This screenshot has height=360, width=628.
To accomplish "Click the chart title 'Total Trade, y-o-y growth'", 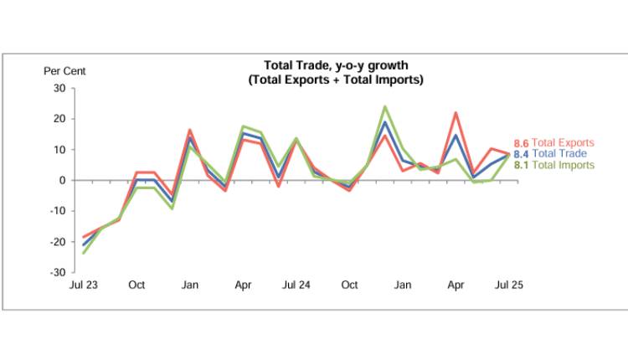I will [336, 65].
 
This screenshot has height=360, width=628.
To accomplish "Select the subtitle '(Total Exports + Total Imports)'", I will [336, 80].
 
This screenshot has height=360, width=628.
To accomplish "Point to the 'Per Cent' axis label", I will [64, 71].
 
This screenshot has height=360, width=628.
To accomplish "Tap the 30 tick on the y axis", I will [59, 88].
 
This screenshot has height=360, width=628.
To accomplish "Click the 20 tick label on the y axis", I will [59, 119].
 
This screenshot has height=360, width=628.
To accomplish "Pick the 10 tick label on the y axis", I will [59, 150].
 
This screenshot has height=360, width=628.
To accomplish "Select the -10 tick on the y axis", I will [57, 211].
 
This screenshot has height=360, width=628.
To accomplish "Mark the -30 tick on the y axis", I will [57, 273].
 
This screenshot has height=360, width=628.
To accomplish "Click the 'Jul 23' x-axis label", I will [84, 285].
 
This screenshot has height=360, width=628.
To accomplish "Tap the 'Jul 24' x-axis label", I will [296, 285].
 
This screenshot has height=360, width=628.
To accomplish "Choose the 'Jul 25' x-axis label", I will [509, 285].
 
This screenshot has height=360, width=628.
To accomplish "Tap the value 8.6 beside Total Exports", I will [521, 143].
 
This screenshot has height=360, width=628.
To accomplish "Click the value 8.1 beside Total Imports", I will [521, 165].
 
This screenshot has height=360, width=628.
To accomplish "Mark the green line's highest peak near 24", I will [384, 106].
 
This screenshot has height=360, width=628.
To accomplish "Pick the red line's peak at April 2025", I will [456, 112].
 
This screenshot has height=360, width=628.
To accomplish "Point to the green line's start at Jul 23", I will [84, 253].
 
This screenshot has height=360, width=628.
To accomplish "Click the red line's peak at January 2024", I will [190, 130].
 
